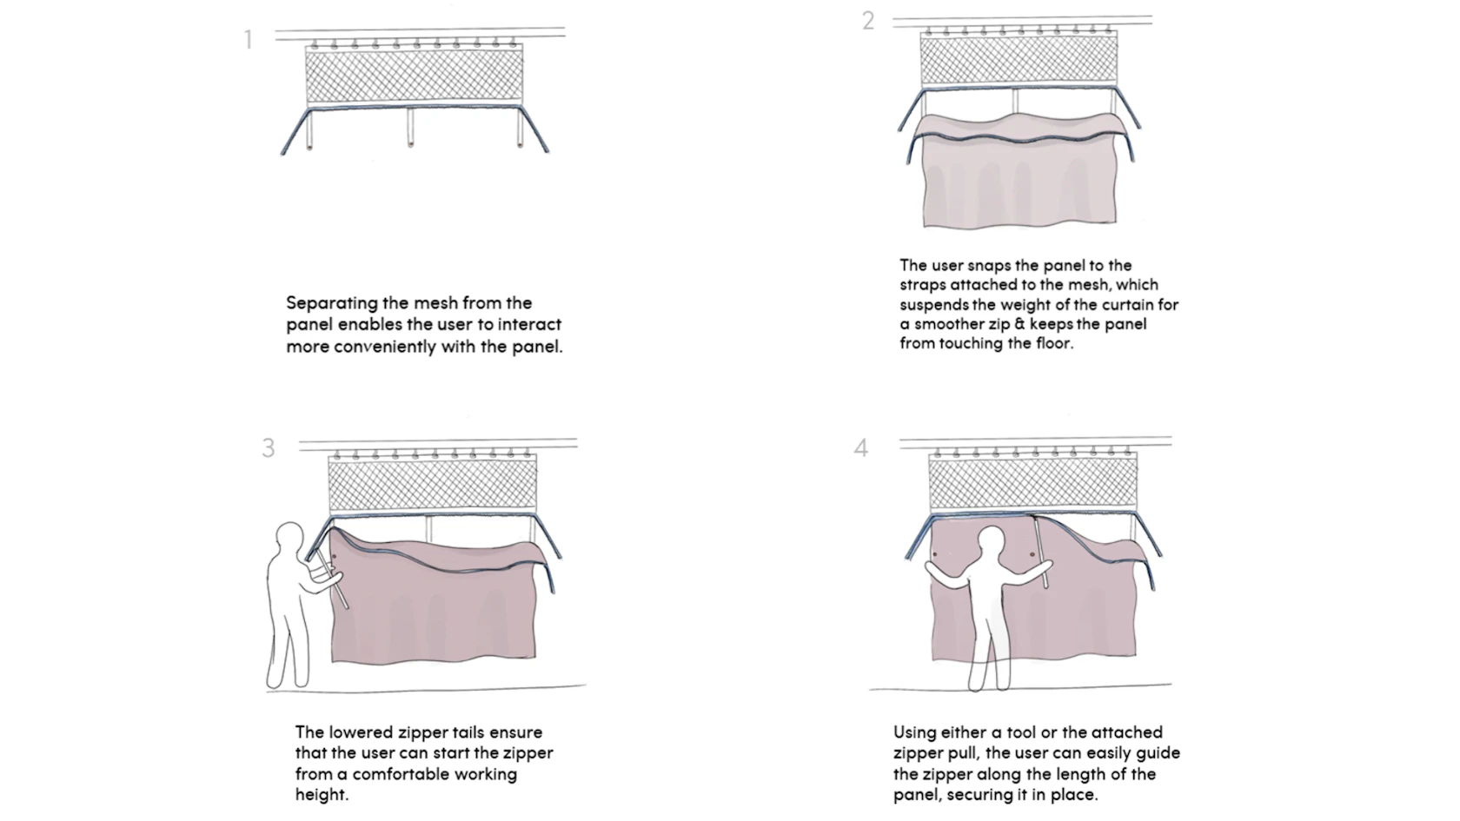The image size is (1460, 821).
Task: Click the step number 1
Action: [249, 40]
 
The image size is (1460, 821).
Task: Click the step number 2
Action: [867, 21]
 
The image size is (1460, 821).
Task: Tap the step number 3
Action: [269, 448]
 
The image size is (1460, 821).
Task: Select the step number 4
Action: [860, 448]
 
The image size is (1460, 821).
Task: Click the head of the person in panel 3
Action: [289, 539]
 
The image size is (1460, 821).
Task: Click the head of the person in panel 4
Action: [992, 545]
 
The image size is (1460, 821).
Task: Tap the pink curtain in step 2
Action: [1017, 182]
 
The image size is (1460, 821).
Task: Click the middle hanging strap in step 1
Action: [411, 126]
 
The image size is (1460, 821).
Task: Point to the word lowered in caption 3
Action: [361, 732]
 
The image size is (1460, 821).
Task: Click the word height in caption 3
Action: [321, 795]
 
